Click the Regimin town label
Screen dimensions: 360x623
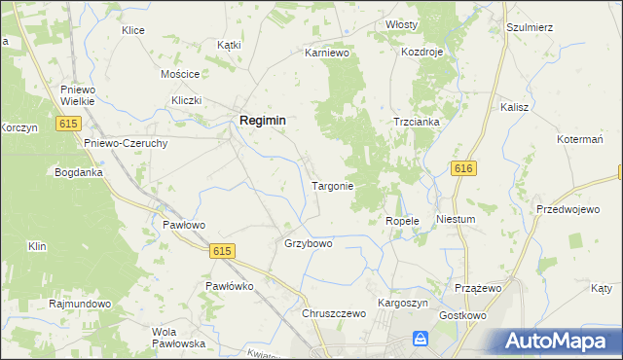click(x=262, y=119)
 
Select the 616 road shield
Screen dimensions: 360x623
click(x=463, y=169)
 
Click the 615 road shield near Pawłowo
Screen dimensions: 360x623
click(x=221, y=251)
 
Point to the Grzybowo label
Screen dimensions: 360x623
click(x=308, y=243)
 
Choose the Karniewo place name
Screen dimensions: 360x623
click(x=326, y=52)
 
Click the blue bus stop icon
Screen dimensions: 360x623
click(x=421, y=338)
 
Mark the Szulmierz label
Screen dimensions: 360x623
click(x=530, y=27)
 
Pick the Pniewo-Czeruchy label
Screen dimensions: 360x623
click(x=127, y=142)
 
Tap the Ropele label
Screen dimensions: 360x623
click(x=402, y=221)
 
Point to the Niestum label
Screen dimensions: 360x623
click(x=456, y=219)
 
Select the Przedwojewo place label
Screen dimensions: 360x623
click(x=568, y=209)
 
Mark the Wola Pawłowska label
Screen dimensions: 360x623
click(x=178, y=338)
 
